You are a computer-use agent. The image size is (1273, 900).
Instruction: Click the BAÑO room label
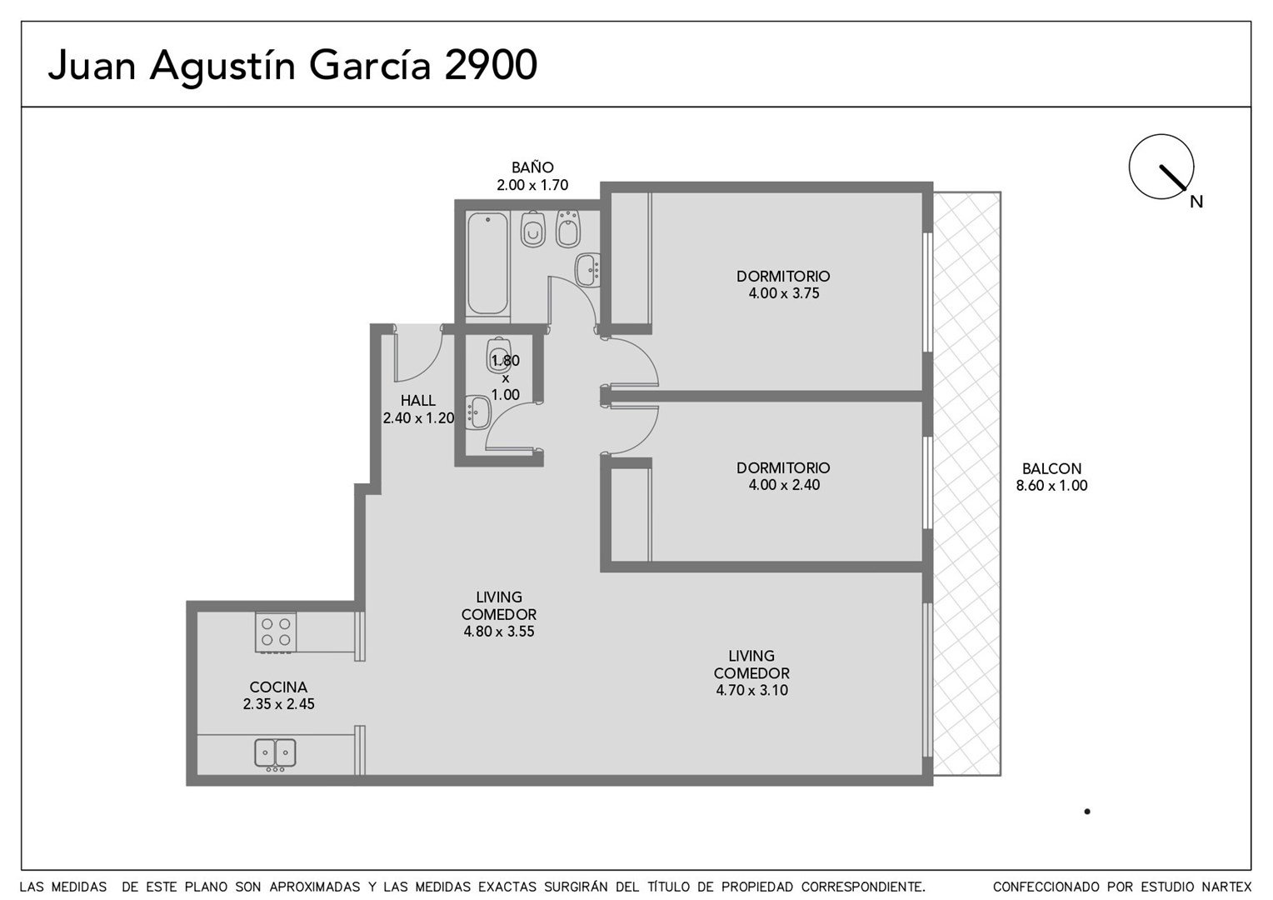(532, 167)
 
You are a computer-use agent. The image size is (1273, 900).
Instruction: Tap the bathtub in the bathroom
(487, 262)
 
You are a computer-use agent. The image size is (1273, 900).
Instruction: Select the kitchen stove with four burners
(276, 632)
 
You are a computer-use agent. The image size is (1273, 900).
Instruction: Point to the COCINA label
(278, 687)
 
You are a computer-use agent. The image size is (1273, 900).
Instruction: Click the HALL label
(417, 400)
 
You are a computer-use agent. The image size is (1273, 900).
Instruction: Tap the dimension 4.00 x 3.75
(784, 293)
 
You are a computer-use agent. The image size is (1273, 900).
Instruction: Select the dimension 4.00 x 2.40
(784, 485)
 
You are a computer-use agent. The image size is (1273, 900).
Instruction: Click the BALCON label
(1051, 468)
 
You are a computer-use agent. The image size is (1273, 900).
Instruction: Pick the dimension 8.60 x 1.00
(1051, 486)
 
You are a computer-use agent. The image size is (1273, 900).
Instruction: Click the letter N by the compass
(1196, 202)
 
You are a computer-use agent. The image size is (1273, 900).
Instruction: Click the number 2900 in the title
(491, 65)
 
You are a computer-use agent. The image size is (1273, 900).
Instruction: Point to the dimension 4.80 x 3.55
(499, 632)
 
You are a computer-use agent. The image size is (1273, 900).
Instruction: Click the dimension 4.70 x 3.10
(751, 690)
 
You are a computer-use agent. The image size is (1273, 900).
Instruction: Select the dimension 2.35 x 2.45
(278, 704)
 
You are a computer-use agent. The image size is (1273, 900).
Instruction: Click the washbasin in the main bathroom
(588, 270)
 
